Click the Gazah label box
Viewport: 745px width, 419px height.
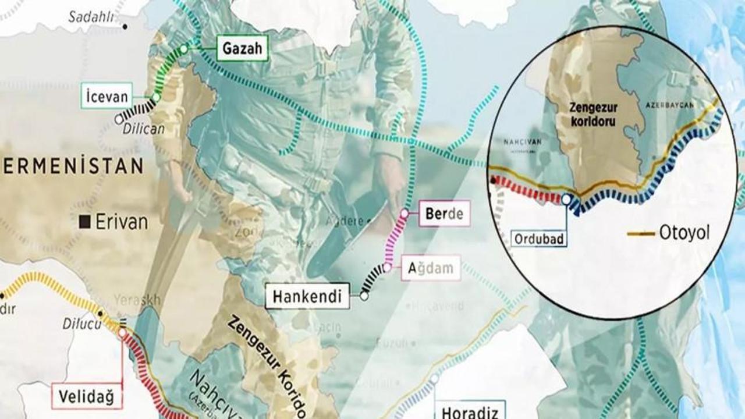tap(244, 49)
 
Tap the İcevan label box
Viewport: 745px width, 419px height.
tap(107, 96)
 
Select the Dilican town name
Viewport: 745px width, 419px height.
tap(143, 129)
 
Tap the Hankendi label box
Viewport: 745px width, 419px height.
tap(307, 296)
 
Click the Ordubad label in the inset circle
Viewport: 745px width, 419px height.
tap(539, 238)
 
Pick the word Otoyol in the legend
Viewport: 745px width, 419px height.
tap(684, 234)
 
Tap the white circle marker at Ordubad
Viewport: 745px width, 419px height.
tap(566, 200)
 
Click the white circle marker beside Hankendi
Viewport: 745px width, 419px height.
tap(364, 296)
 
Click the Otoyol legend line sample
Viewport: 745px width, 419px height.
tap(641, 234)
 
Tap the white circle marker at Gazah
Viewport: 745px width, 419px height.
tap(185, 49)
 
